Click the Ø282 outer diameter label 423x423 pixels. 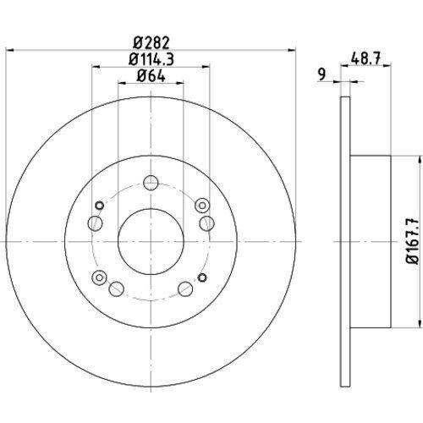pyautogui.click(x=151, y=43)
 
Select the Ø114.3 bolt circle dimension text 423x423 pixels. pyautogui.click(x=151, y=59)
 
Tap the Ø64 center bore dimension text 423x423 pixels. pyautogui.click(x=151, y=76)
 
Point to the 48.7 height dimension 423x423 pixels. pyautogui.click(x=365, y=58)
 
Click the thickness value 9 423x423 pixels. pyautogui.click(x=321, y=74)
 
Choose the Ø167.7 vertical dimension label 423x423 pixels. pyautogui.click(x=412, y=241)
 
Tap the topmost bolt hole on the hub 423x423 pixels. pyautogui.click(x=151, y=183)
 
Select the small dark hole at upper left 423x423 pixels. pyautogui.click(x=99, y=206)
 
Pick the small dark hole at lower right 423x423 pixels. pyautogui.click(x=202, y=277)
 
